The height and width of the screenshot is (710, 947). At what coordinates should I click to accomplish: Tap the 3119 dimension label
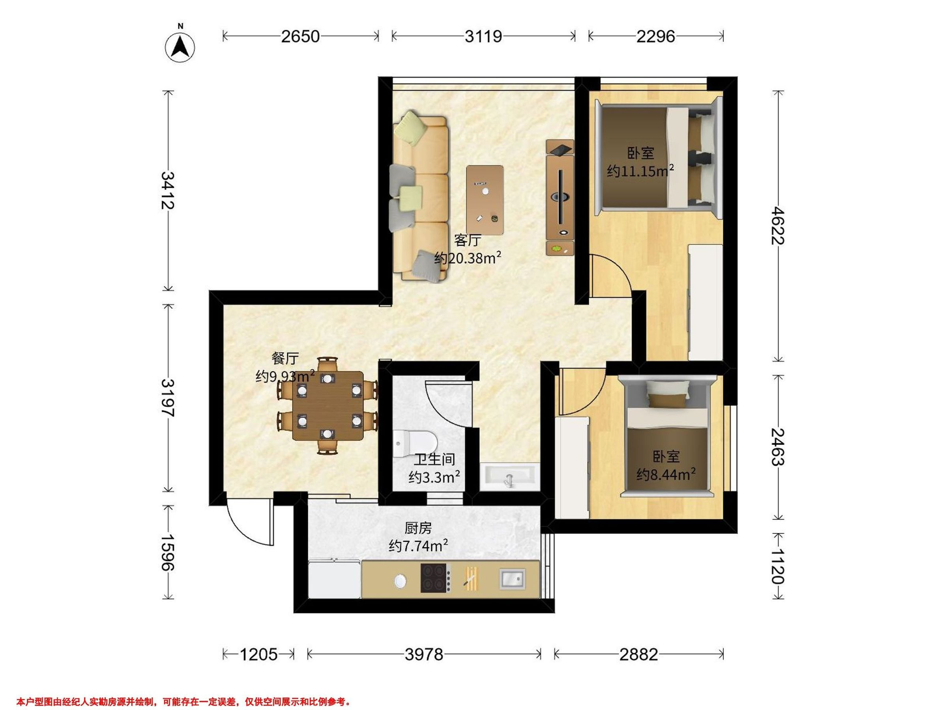point(483,36)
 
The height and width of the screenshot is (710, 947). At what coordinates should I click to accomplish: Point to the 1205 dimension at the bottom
point(258,654)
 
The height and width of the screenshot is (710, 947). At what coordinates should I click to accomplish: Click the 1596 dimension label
point(167,552)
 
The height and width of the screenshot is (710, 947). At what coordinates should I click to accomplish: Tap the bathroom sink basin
point(508,476)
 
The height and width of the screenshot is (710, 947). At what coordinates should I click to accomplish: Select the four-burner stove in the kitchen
point(436,578)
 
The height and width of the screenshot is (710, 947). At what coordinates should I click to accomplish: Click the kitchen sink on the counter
point(513,579)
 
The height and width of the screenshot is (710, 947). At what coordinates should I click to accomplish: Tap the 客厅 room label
point(467,241)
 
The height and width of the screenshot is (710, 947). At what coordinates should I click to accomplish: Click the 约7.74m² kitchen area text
point(418,546)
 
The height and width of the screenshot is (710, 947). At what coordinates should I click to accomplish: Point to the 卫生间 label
point(434,459)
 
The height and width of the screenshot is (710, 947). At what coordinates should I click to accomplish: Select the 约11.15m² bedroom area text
point(640,171)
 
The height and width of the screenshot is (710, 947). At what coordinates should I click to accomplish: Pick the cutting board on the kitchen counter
point(472,578)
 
